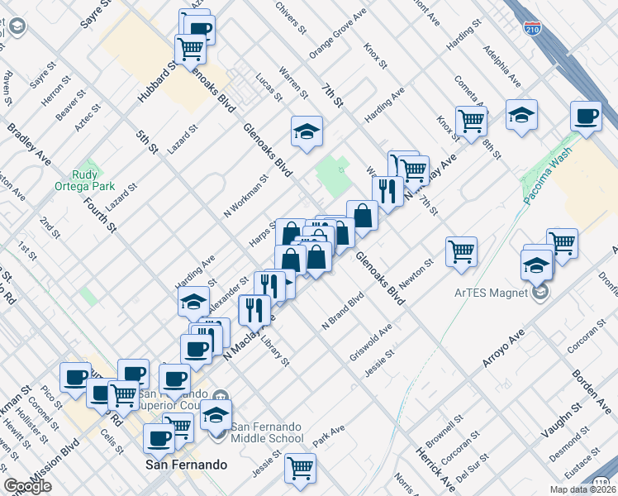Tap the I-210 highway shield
click(x=534, y=30)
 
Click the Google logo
click(x=27, y=486)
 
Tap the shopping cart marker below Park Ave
click(x=300, y=468)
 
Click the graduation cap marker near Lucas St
click(x=307, y=131)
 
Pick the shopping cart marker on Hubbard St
click(x=190, y=49)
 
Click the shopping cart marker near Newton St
click(x=461, y=251)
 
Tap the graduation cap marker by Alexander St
click(x=193, y=302)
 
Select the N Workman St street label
click(x=246, y=196)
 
